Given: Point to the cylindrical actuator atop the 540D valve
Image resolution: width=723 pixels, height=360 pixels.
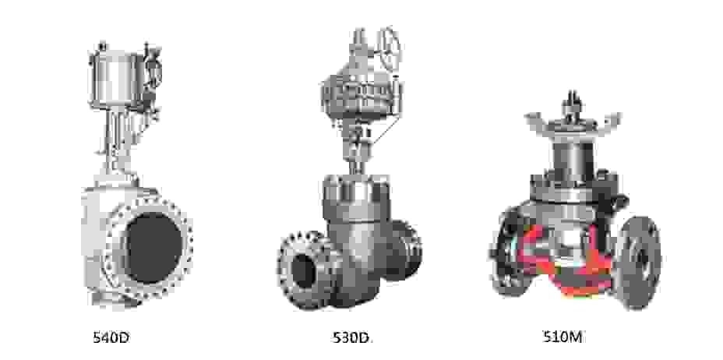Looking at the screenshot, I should click(x=117, y=79).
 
